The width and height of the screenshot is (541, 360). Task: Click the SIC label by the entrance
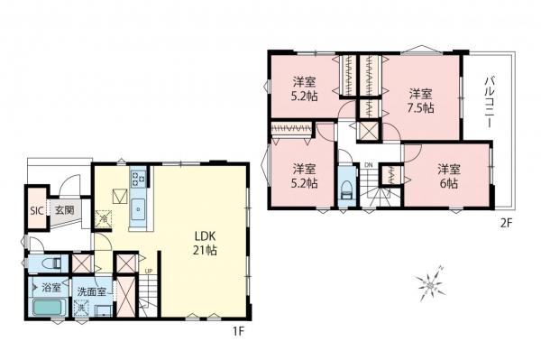(x=37, y=210)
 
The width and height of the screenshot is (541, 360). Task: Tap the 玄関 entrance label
(x=63, y=210)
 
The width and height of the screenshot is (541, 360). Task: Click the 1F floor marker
(x=238, y=331)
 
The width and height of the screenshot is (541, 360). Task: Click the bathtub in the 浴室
(x=47, y=309)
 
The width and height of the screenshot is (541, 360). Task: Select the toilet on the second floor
(x=348, y=190)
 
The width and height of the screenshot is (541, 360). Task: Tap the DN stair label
(x=369, y=164)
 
